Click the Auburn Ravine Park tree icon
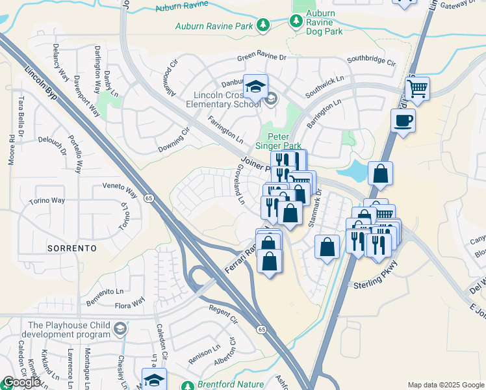click(262, 25)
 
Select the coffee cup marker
click(403, 120)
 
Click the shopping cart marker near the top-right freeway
click(416, 87)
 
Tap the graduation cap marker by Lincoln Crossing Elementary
click(256, 86)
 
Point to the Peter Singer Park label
click(283, 142)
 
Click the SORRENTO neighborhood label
click(71, 248)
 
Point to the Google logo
click(21, 382)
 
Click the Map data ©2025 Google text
click(446, 385)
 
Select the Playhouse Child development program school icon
click(120, 330)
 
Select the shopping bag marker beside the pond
click(380, 174)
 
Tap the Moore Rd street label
click(11, 149)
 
